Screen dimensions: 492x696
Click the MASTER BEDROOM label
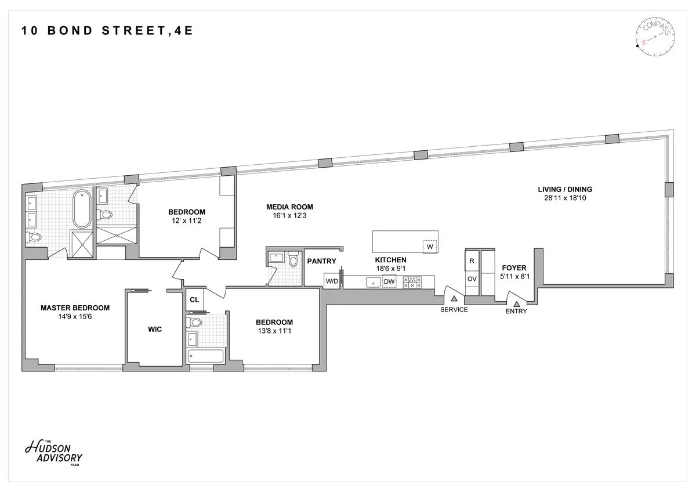[x=75, y=308]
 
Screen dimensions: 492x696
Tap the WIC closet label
[x=155, y=330]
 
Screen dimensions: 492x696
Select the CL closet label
[x=194, y=300]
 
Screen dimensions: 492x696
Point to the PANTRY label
[x=321, y=261]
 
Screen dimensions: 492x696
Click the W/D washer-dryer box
[x=332, y=281]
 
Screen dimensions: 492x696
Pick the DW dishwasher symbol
[x=389, y=282]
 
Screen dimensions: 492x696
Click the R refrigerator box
[x=472, y=261]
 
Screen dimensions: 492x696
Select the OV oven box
[x=472, y=279]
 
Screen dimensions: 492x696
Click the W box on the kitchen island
[x=430, y=247]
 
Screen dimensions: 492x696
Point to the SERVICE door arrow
[x=454, y=298]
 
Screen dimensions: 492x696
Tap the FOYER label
[x=514, y=268]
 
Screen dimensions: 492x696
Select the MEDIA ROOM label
[x=289, y=207]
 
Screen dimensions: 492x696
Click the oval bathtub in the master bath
[x=81, y=209]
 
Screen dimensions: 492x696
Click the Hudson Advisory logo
[x=53, y=452]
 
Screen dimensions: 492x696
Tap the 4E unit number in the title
[x=183, y=31]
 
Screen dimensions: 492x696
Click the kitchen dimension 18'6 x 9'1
[x=390, y=269]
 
